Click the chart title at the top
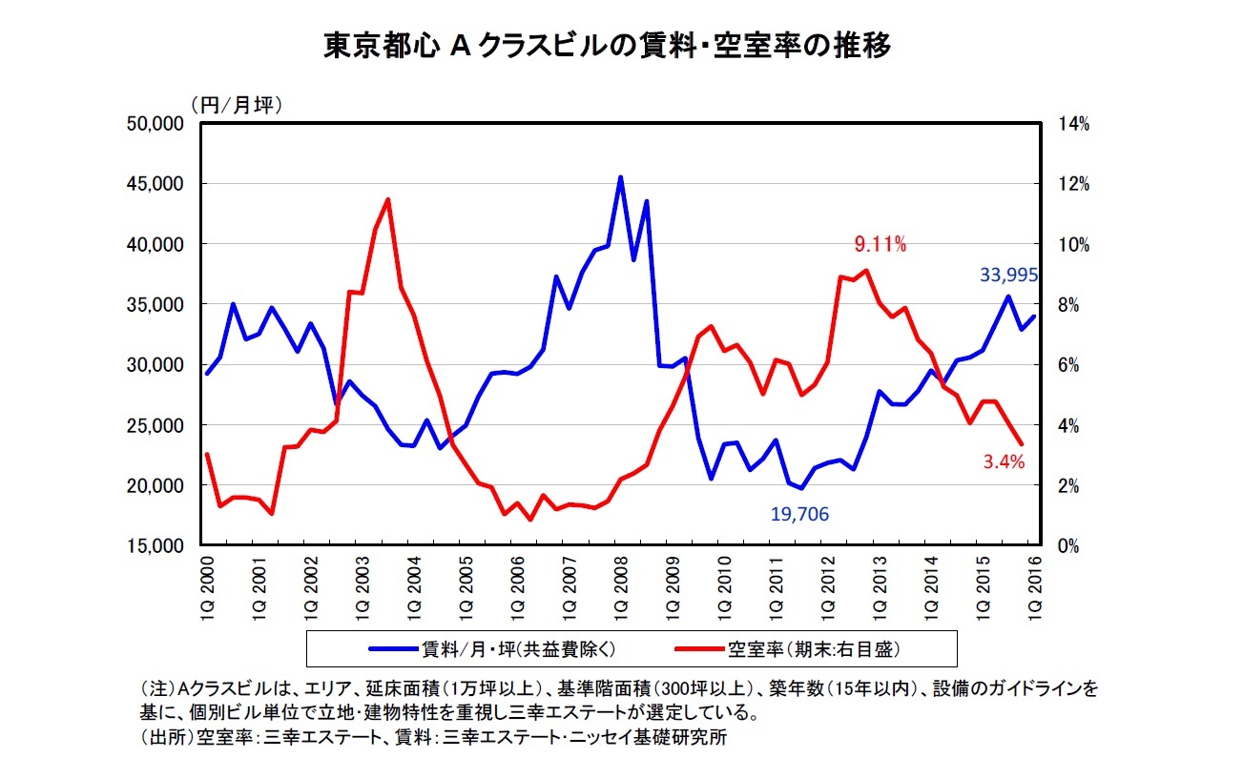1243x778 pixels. point(608,46)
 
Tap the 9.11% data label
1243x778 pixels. point(880,245)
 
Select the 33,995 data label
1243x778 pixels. point(1008,276)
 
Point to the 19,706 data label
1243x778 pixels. point(799,515)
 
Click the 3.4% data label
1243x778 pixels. point(1004,463)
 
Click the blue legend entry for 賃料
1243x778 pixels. point(496,649)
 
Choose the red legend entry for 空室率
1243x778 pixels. point(788,649)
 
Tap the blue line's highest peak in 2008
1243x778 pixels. point(620,177)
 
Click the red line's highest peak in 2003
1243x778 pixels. point(387,199)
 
